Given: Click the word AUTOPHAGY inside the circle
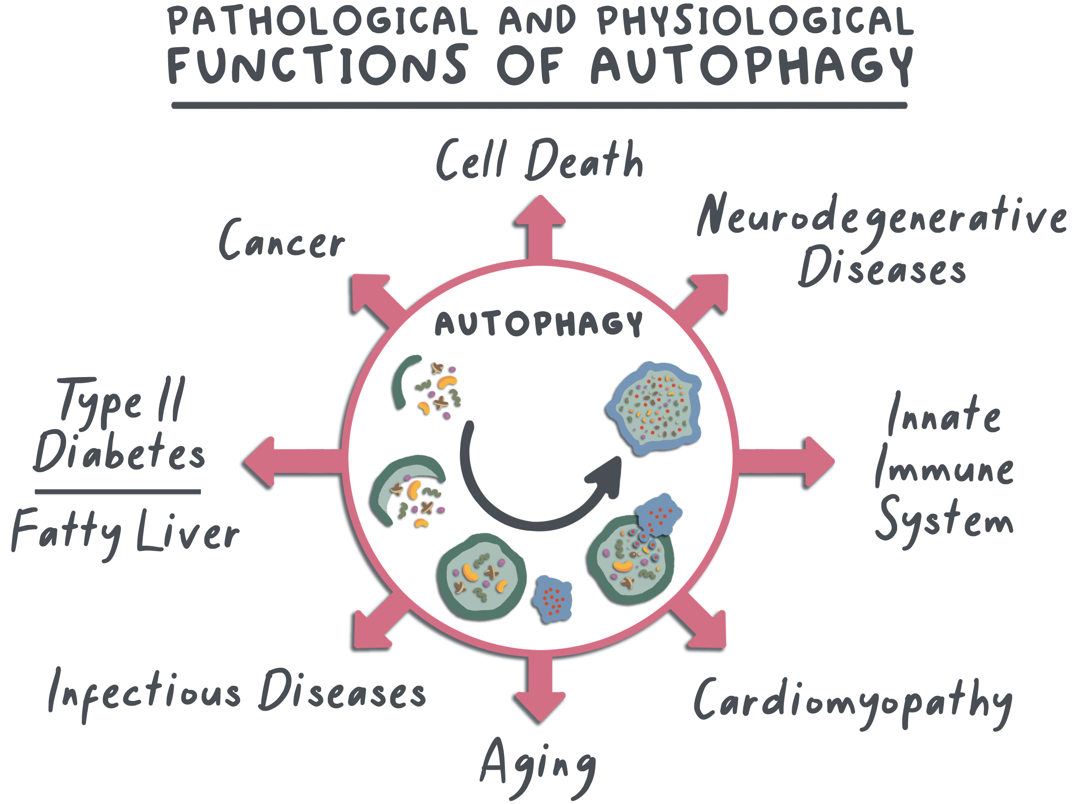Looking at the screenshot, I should [x=539, y=323].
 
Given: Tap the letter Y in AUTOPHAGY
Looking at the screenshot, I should [x=634, y=323].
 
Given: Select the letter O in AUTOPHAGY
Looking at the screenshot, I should [x=516, y=323].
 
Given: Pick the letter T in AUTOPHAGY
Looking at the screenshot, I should [x=492, y=323].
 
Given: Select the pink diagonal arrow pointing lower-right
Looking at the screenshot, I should [x=705, y=628].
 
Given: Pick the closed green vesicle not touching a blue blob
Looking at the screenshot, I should [x=480, y=577].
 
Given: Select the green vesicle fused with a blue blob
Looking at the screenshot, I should [x=630, y=560].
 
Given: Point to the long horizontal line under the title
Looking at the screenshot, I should [x=539, y=105].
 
